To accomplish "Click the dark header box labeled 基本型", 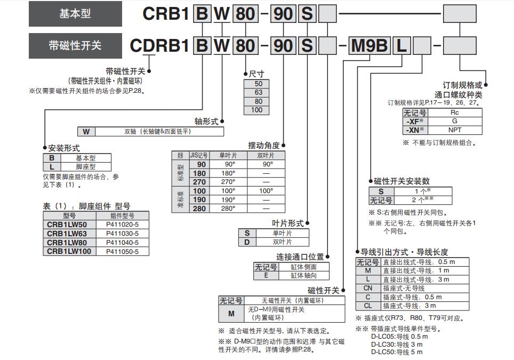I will [x=75, y=13].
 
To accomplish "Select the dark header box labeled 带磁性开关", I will [x=75, y=46].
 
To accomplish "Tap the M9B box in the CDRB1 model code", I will [x=370, y=46].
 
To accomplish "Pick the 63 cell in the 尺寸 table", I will [x=259, y=92].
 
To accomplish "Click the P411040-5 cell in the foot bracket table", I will [x=122, y=242].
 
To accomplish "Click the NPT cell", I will [x=455, y=130].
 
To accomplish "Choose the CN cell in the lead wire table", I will [x=368, y=288].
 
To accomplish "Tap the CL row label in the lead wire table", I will [x=368, y=306].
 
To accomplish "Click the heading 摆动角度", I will [x=263, y=145].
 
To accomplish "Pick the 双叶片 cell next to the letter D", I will [x=282, y=242].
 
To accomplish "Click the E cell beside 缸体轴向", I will [x=266, y=276].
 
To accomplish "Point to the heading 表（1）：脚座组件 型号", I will [x=86, y=206].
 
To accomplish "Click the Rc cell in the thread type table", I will [x=455, y=113].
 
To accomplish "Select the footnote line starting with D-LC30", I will [x=397, y=344].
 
